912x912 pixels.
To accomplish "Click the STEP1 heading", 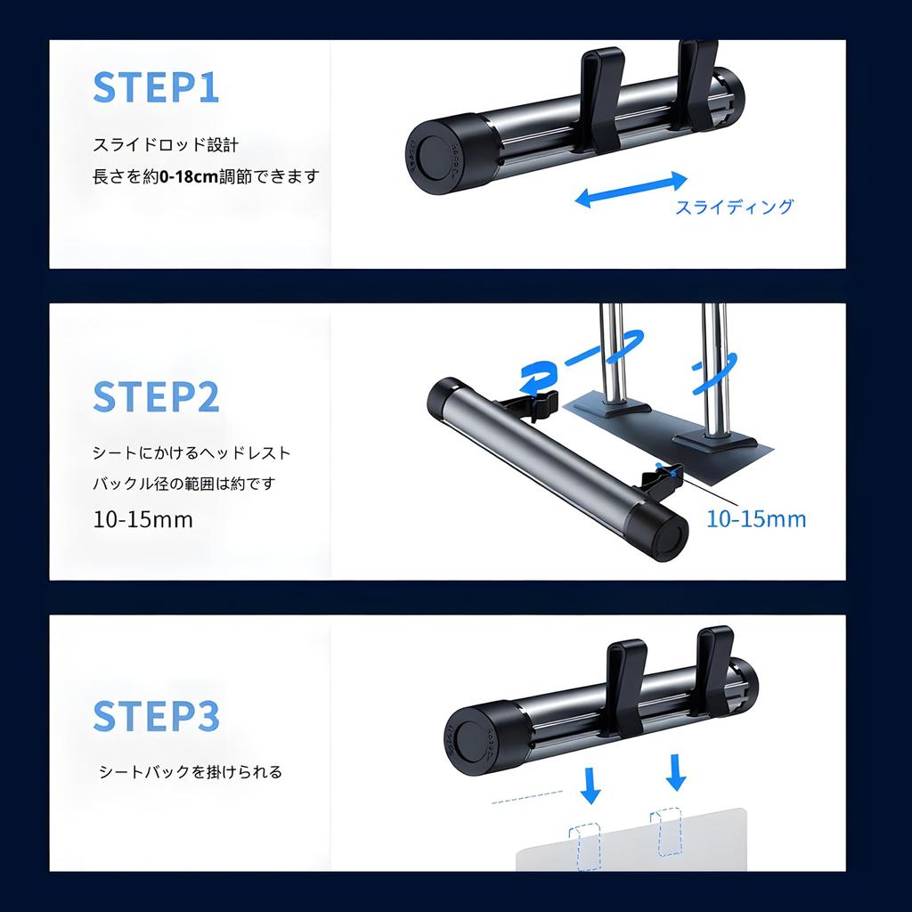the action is tap(156, 87).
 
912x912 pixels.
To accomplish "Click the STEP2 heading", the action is tap(156, 396).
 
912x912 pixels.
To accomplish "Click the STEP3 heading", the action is tap(157, 715).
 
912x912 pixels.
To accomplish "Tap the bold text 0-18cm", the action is tap(189, 176).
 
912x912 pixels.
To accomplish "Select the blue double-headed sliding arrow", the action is tap(631, 190).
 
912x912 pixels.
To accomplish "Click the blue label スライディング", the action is tap(734, 207).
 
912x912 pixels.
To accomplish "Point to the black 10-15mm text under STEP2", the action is tap(143, 519).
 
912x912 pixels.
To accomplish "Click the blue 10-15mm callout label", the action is tap(756, 519).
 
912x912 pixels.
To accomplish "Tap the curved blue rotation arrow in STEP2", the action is tap(538, 377).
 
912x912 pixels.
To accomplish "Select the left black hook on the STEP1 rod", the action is tap(601, 99).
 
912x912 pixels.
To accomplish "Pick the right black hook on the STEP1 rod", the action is tap(698, 85).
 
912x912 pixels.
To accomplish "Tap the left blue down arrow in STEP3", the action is tap(590, 786).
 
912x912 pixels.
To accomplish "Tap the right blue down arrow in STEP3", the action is tap(676, 772).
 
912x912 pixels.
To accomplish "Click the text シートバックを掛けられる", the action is tap(191, 772).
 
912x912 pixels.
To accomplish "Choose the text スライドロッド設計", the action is tap(166, 145).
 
